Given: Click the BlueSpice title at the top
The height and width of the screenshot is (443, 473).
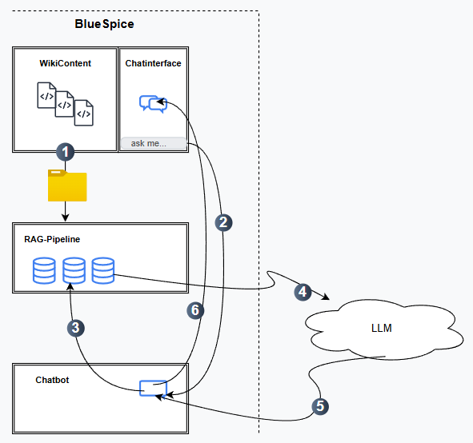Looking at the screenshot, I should click(104, 24).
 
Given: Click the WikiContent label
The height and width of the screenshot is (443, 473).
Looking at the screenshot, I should click(66, 63).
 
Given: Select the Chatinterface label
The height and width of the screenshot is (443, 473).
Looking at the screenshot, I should click(153, 63).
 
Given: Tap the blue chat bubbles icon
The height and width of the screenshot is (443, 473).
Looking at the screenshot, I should click(152, 104).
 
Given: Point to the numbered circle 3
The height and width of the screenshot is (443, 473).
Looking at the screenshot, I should click(75, 326).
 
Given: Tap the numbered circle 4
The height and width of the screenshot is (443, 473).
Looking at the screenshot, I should click(303, 292).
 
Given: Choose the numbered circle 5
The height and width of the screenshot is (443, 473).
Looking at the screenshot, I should click(320, 405).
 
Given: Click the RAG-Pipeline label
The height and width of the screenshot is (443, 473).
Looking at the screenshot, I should click(52, 238).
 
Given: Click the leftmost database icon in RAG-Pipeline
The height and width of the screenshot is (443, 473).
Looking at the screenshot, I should click(44, 270).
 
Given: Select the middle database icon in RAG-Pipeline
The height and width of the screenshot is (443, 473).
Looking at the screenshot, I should click(74, 270).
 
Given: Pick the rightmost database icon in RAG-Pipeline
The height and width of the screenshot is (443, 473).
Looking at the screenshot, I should click(102, 270).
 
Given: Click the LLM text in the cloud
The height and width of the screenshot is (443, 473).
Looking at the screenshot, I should click(383, 329).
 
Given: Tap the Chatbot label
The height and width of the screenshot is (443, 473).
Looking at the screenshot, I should click(52, 380).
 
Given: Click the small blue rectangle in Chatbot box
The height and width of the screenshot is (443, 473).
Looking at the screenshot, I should click(153, 388).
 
